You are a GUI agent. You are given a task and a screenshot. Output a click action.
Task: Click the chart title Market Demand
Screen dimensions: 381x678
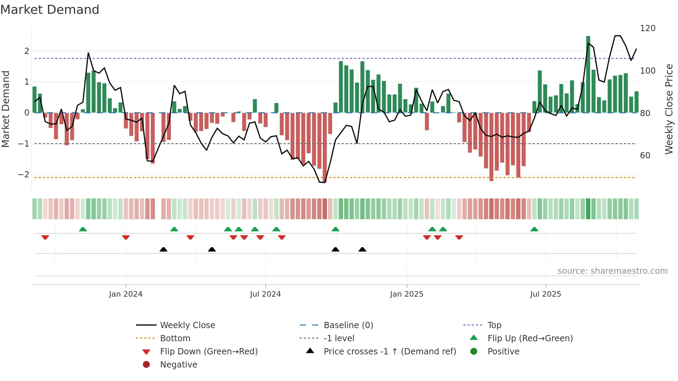50,10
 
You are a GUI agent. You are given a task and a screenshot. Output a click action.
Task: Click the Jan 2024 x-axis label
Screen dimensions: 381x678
126,294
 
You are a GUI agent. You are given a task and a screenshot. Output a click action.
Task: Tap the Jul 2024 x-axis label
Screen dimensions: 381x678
265,294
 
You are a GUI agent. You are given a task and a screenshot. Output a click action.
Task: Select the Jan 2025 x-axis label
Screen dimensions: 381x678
406,294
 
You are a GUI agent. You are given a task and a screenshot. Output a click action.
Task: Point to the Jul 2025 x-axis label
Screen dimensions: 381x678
546,294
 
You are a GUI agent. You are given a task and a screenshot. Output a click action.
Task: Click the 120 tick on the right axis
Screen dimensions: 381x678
648,28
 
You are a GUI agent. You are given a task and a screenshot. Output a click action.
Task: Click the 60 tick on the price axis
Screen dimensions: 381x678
645,156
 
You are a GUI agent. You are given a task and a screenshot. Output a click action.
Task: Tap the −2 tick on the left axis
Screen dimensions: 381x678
24,175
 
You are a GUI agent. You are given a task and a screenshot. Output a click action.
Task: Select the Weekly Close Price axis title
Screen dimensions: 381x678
669,109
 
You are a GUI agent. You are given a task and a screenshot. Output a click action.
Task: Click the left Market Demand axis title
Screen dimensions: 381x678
6,109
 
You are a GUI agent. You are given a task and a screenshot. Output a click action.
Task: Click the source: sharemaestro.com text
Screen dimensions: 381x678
612,271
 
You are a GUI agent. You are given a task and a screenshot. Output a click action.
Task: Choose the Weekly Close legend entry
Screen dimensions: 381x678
187,325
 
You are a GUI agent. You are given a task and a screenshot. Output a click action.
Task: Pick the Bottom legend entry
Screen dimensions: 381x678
175,338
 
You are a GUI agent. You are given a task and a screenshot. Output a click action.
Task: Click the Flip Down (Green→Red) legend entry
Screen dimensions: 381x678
209,352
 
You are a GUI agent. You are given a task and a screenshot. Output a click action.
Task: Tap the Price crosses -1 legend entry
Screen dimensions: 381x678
390,352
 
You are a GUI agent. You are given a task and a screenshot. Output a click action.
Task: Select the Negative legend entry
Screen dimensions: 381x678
178,365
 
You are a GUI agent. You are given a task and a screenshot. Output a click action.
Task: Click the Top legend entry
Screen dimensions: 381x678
494,325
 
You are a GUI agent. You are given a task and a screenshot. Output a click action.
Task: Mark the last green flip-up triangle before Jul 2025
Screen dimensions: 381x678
534,229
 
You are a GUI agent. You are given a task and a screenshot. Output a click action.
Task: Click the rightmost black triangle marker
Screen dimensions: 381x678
362,250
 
